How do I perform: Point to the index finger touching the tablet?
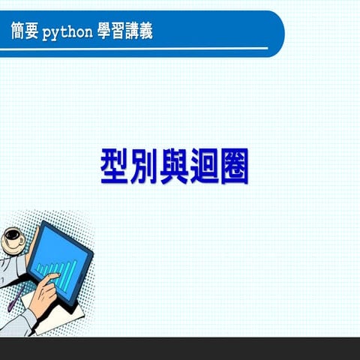click(x=54, y=278)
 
